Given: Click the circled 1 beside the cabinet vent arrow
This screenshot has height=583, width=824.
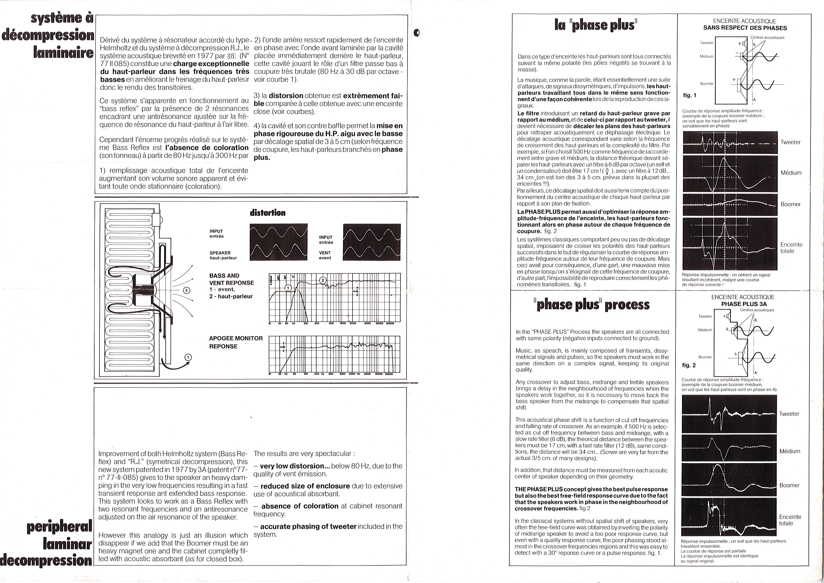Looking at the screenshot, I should pos(188,357).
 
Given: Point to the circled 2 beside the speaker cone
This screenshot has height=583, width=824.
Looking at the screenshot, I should pos(186,290).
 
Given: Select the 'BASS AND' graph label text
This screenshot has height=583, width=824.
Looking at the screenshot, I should pos(224,276).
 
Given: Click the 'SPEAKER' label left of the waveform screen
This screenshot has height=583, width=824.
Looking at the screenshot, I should pos(220,253).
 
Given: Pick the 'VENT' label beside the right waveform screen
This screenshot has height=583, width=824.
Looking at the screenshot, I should pos(325,253).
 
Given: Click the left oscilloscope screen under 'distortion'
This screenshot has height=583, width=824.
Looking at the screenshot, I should pos(278,242).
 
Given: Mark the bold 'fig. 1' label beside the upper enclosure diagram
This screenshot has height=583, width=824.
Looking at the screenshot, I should pos(689,95).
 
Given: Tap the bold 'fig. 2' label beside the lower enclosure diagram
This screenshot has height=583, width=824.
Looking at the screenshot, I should pos(689,365).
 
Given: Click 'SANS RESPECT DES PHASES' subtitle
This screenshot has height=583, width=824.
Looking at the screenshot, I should pos(745,28).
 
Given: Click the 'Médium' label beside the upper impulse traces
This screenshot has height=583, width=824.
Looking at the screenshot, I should pos(791,173).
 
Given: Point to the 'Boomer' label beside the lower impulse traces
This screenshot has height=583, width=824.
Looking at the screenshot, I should pos(789,485).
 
